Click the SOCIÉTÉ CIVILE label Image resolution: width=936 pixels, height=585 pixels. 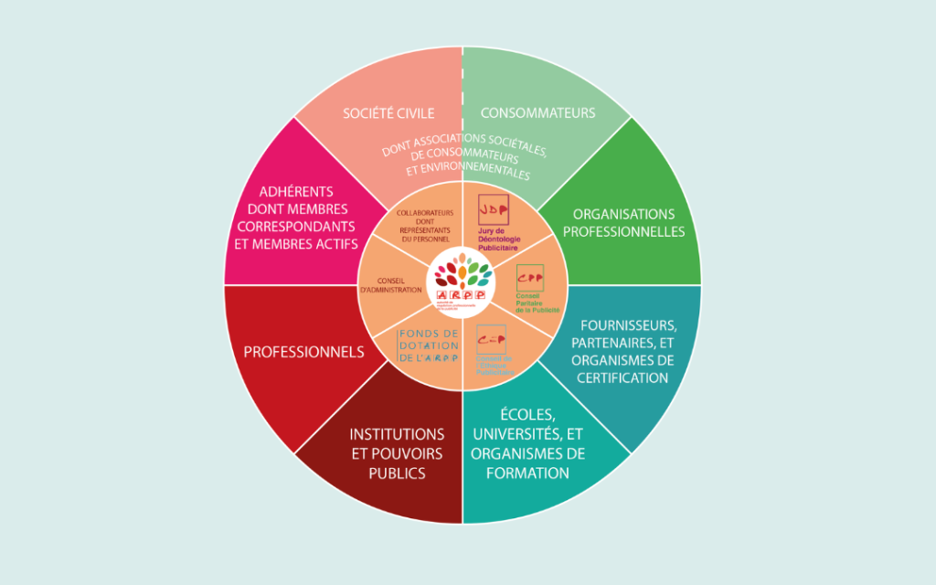(x=388, y=113)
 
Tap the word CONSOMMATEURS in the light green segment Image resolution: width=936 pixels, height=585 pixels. (x=537, y=113)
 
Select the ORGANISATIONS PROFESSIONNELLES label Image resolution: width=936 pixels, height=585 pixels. (x=623, y=223)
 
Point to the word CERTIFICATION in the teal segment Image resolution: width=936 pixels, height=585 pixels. (x=621, y=378)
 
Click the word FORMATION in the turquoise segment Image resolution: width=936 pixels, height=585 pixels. (x=528, y=473)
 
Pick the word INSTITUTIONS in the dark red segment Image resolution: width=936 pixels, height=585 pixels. (x=397, y=434)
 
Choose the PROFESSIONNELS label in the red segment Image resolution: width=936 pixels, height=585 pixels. (x=303, y=352)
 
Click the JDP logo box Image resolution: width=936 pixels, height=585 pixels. (x=492, y=209)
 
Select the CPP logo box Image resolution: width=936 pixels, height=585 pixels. (x=529, y=274)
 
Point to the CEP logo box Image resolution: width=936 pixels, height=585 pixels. (x=491, y=338)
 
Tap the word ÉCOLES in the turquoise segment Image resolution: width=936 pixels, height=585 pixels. (x=527, y=415)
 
